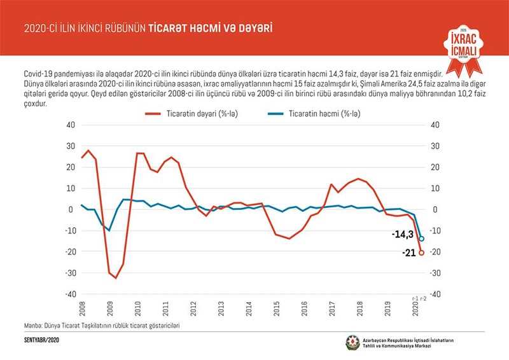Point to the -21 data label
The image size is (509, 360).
409,253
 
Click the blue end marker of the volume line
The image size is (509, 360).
421,239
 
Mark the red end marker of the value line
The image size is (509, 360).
421,253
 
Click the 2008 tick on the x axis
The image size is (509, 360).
81,309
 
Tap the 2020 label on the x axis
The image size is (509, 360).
415,309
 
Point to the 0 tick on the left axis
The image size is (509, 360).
73,209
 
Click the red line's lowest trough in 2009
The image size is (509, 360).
116,278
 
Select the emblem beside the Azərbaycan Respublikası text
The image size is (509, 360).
352,342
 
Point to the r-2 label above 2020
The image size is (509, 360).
422,298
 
